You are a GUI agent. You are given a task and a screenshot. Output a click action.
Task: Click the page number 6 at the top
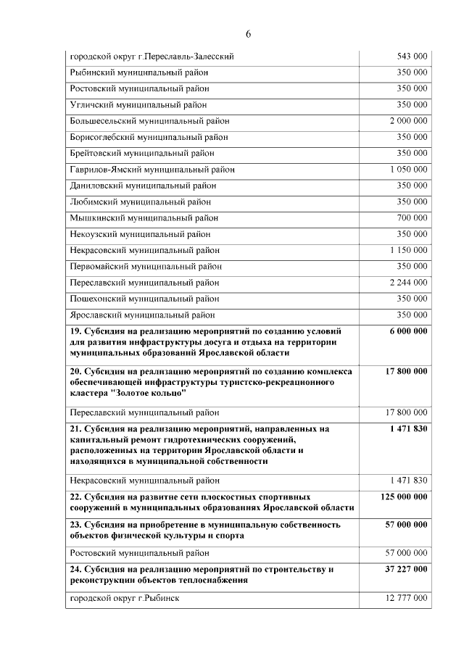click(x=248, y=34)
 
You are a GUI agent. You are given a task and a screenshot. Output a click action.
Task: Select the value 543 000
click(x=412, y=56)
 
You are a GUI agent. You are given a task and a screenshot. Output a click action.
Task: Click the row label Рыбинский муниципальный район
click(x=140, y=72)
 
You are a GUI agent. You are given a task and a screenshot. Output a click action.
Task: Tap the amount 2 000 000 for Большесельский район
click(x=408, y=120)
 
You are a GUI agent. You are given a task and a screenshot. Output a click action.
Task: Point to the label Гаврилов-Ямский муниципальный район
click(x=152, y=170)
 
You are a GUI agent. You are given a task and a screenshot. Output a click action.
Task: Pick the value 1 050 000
click(x=408, y=169)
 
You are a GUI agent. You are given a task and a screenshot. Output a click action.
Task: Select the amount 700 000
click(x=412, y=217)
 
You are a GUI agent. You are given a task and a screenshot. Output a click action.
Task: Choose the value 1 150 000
click(x=408, y=250)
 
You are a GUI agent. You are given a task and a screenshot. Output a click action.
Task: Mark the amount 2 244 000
click(x=408, y=282)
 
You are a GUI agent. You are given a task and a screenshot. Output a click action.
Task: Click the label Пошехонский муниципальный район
click(x=144, y=298)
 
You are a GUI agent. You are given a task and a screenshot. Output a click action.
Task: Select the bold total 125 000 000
click(x=404, y=497)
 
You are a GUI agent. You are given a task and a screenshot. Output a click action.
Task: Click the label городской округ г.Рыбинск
click(x=124, y=598)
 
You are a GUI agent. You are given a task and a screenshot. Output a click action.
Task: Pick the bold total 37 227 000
click(x=406, y=570)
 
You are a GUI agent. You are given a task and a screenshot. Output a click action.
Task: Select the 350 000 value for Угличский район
click(x=412, y=104)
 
